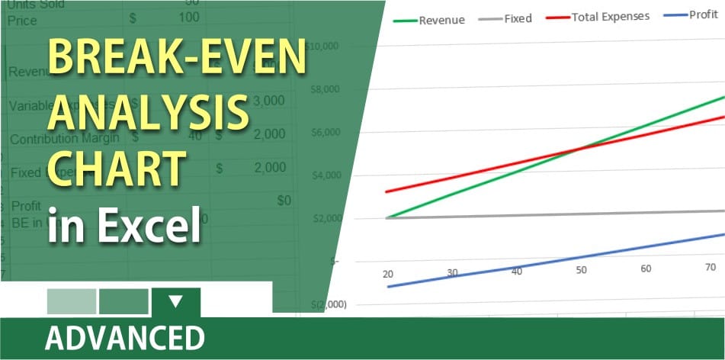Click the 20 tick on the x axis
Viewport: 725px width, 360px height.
pyautogui.click(x=388, y=274)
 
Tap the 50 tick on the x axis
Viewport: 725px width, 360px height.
pyautogui.click(x=582, y=270)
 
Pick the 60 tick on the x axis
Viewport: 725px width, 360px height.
pyautogui.click(x=646, y=268)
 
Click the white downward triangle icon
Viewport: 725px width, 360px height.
pyautogui.click(x=176, y=301)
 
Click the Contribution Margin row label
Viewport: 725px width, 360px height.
pyautogui.click(x=65, y=138)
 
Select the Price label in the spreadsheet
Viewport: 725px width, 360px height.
pyautogui.click(x=22, y=20)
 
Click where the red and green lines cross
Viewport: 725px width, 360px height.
pyautogui.click(x=576, y=147)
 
